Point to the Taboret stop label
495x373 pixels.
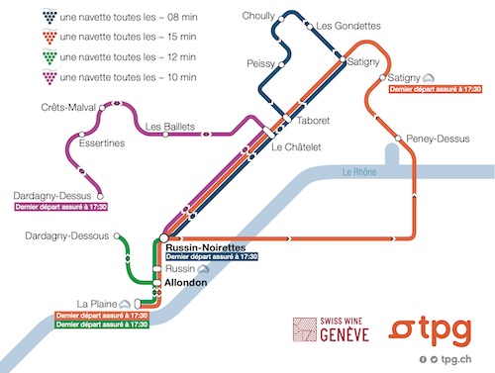click(313, 121)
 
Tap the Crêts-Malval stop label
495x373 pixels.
click(67, 107)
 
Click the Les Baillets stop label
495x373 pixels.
click(170, 126)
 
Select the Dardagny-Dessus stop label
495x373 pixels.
click(50, 195)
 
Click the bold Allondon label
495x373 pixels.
click(185, 283)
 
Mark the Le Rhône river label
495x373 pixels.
click(357, 172)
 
